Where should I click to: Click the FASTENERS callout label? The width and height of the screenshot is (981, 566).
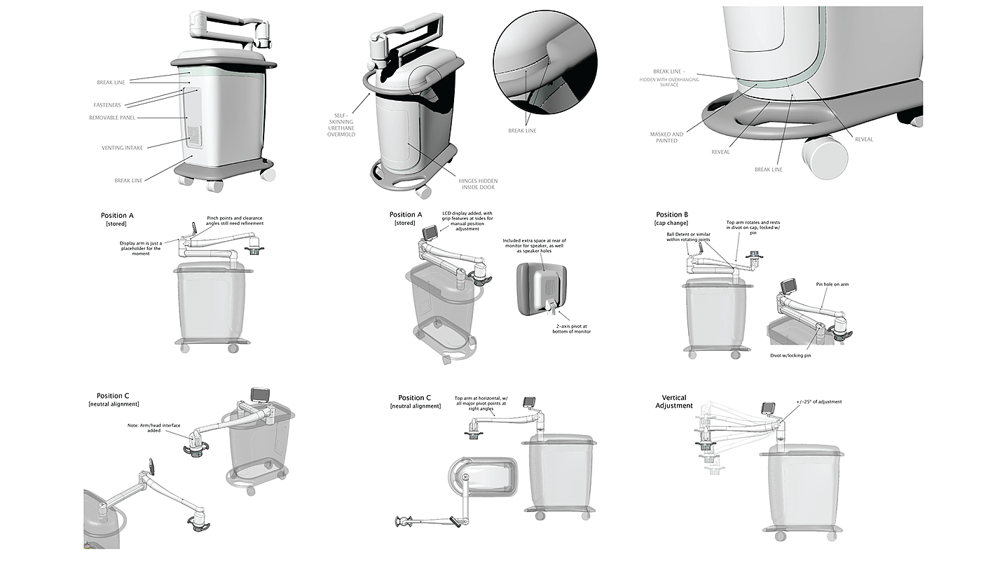click(107, 105)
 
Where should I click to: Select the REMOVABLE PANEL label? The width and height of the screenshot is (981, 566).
click(112, 118)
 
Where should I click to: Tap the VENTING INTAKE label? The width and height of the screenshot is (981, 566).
click(121, 148)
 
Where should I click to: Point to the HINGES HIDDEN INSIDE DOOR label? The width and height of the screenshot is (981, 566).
click(479, 185)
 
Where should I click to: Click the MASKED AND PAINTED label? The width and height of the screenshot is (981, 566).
click(666, 137)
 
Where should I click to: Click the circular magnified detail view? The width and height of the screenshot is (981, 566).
click(544, 62)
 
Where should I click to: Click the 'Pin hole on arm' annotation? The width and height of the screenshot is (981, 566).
click(832, 284)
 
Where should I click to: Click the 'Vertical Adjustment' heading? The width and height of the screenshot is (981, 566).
click(674, 401)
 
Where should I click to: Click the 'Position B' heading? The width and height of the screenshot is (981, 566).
click(672, 214)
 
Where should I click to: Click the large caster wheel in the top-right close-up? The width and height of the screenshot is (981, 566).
click(825, 156)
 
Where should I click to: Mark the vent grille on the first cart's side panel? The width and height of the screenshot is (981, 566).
click(193, 137)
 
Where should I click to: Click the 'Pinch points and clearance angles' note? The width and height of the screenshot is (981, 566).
click(235, 221)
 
